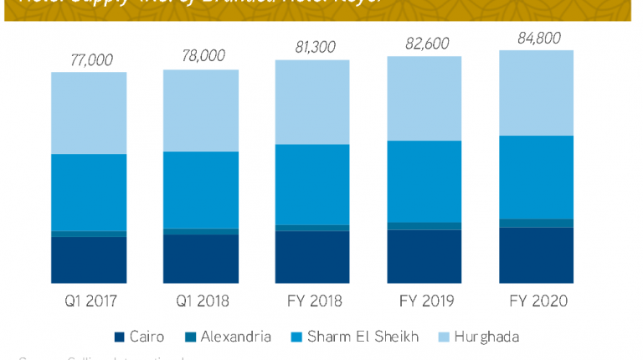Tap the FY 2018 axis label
[313, 301]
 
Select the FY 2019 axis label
[424, 301]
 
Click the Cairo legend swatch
[119, 337]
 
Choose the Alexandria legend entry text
[235, 337]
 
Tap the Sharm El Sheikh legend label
[363, 337]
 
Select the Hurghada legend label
[481, 337]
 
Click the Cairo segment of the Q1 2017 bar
[89, 260]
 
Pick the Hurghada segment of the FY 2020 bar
[537, 93]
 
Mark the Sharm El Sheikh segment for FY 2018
[313, 184]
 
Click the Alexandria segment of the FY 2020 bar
[537, 223]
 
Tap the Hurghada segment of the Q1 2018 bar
[201, 111]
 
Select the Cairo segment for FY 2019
[424, 256]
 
